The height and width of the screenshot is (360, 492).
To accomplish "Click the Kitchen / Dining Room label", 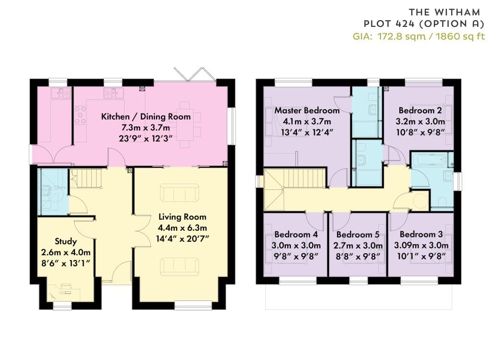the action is point(146,116).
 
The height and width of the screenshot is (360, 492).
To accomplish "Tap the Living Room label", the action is point(182,217).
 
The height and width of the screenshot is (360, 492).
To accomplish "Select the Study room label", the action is point(66,241).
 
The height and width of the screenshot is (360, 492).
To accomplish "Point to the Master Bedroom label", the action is point(307,111).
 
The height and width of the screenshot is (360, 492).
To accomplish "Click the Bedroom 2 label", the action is point(420,111).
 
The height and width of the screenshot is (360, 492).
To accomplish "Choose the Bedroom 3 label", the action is point(421,235).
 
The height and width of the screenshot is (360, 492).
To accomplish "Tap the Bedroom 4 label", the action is point(296,235).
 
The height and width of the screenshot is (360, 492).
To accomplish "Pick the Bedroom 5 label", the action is point(357,235).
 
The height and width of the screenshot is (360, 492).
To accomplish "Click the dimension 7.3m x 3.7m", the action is point(146,127).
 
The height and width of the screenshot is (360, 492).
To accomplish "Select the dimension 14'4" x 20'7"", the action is point(182,239).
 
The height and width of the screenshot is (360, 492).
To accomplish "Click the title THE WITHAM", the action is point(444,12).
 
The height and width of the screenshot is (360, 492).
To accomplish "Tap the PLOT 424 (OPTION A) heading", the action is point(424,24).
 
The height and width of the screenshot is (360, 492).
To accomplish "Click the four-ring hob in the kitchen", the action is point(80,115).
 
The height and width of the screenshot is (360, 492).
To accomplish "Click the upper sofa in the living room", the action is point(180,193).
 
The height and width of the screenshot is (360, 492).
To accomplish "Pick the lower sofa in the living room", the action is point(180,267).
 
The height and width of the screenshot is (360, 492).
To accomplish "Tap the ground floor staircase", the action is point(86,178).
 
